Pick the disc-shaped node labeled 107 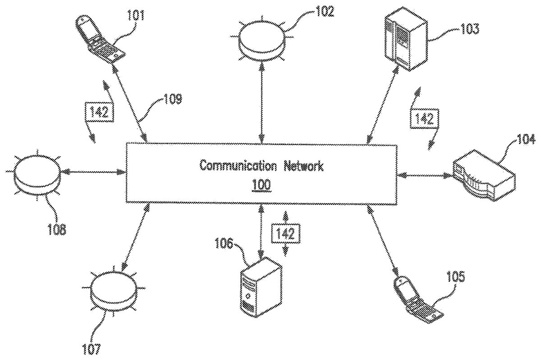(113, 293)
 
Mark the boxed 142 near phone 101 (99, 112)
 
